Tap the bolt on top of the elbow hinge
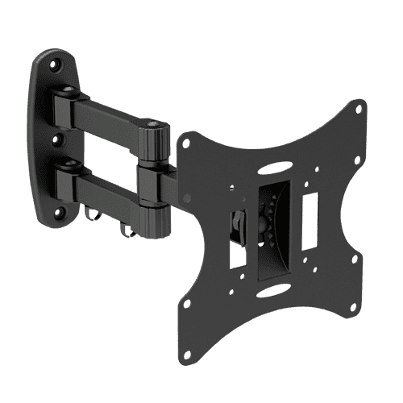(x=152, y=124)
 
